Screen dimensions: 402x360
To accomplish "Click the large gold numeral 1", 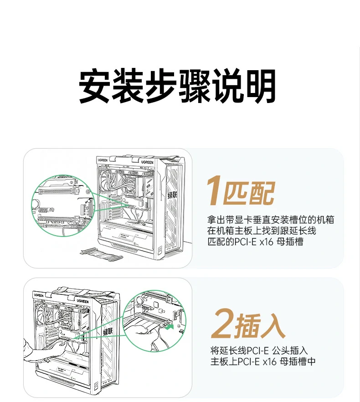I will (214, 191).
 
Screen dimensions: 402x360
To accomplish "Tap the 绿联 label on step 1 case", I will (173, 196).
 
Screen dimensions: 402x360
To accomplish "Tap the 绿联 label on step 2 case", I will (108, 331).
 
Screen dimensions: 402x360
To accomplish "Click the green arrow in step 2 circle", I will (170, 326).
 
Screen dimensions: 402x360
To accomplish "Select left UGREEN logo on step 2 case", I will (38, 295).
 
